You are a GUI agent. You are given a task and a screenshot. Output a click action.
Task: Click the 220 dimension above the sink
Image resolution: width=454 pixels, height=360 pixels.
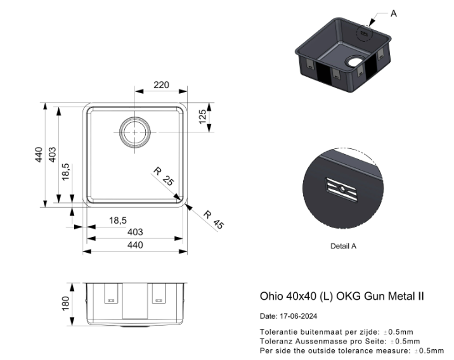pos(161,85)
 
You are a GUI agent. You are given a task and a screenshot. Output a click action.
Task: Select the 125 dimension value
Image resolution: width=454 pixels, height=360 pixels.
pos(203,117)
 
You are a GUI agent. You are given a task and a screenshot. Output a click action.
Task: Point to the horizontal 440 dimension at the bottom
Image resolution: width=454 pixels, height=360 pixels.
pos(135,245)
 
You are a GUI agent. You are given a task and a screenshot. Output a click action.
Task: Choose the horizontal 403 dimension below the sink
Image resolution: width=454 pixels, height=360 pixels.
pos(135,232)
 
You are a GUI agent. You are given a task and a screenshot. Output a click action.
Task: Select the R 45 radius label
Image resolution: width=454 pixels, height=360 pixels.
pos(214,219)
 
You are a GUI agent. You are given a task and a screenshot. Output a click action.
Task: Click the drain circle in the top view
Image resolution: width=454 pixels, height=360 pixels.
pos(135,132)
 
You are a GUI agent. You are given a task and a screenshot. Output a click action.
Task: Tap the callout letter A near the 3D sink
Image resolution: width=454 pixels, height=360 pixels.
pos(394,13)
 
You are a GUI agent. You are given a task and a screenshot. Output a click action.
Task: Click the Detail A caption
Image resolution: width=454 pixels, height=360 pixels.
pos(343,247)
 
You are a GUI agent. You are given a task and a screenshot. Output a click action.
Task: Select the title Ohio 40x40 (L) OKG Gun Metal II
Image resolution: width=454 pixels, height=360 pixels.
pos(342,296)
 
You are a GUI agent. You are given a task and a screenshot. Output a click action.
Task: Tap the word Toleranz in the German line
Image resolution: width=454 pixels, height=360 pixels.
pos(275,341)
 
